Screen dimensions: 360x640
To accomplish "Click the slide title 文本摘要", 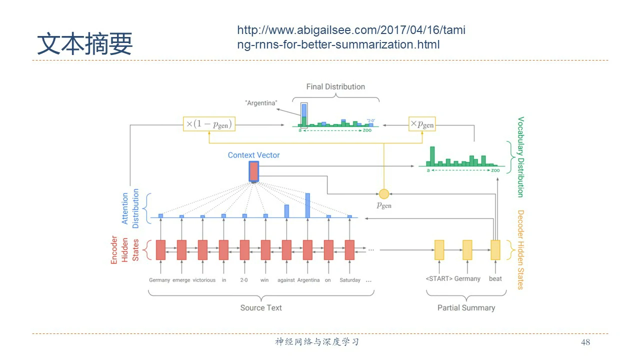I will (x=84, y=43).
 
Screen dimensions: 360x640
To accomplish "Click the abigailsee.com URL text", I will (x=351, y=37).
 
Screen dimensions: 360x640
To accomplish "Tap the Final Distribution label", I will (x=335, y=87).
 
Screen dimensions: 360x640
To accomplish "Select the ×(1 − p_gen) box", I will (x=209, y=124).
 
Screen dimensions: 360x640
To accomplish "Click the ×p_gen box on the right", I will (x=422, y=124).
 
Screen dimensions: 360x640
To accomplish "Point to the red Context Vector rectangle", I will (x=253, y=171).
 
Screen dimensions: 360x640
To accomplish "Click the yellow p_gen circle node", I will (x=383, y=194).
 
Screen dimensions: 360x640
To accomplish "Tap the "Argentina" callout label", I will (x=261, y=103).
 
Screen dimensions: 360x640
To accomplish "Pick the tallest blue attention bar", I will (x=307, y=205).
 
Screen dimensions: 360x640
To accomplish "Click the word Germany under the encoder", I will (x=159, y=280).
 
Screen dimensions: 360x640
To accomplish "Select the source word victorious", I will (x=204, y=280).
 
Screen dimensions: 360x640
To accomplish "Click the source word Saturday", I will (x=350, y=280).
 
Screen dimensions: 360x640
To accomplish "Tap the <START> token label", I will (x=438, y=278).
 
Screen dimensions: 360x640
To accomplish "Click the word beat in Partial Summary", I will (x=495, y=278).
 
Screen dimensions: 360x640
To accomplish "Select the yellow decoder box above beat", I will (x=495, y=250).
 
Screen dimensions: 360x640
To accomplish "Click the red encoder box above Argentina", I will (x=307, y=250).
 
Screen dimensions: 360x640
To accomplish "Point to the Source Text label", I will (x=261, y=307).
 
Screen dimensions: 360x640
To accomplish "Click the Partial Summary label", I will (x=466, y=307).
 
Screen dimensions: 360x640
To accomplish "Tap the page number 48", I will (x=585, y=342).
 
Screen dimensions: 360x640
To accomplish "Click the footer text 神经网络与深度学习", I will (x=317, y=342).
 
